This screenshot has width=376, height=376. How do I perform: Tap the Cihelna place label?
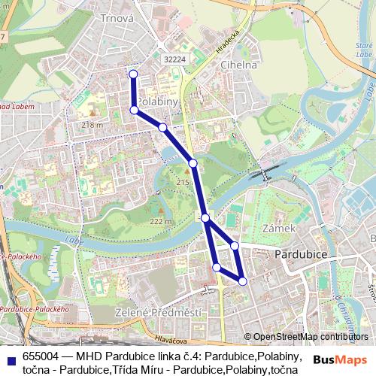tap(238, 65)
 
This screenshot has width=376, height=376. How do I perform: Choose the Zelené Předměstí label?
tap(157, 312)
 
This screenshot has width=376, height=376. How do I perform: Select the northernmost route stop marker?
tap(133, 74)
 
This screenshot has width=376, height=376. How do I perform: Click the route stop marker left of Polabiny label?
tap(134, 110)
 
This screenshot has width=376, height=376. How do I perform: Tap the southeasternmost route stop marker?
tap(242, 281)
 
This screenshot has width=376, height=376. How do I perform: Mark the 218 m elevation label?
tap(92, 124)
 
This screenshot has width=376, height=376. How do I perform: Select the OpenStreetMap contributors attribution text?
tap(311, 337)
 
